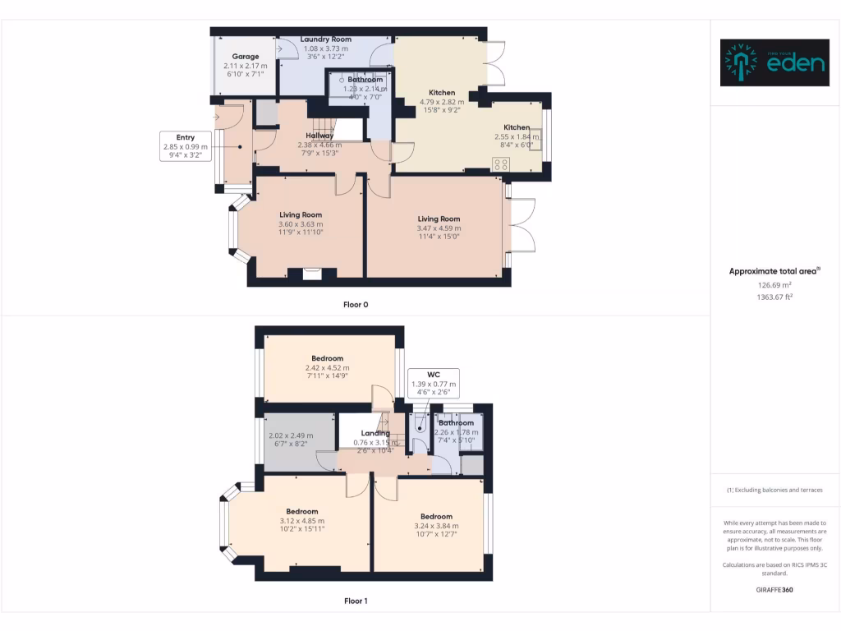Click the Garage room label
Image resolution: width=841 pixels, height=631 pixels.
pos(245,57)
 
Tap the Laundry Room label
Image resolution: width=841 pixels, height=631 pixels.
pos(325,39)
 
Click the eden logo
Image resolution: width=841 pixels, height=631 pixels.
pos(774,62)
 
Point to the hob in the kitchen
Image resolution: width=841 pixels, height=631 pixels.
pos(500,164)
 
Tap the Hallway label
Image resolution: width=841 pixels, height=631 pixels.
pos(319,136)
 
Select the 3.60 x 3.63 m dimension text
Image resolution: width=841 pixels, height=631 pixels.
pos(301,224)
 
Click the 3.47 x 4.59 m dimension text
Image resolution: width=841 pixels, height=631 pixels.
pos(439,228)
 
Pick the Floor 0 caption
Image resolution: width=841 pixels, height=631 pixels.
pos(356,305)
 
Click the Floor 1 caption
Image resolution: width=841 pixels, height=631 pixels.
pos(356,601)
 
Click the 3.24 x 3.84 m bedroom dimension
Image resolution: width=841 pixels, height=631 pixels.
pos(436,526)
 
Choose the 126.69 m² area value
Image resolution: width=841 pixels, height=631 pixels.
pos(774,284)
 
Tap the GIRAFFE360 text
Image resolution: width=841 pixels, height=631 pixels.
pos(774,589)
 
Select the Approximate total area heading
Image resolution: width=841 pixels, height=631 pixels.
pos(774,270)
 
